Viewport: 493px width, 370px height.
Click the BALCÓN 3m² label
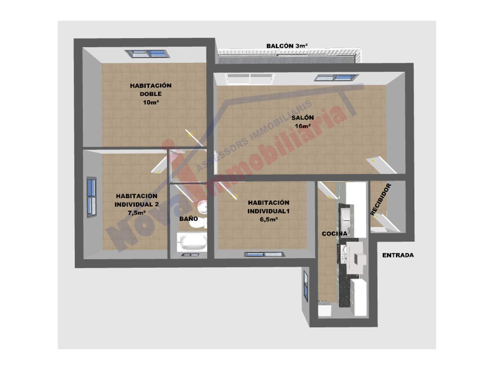coord(287,46)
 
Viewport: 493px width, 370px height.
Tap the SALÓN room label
coord(302,118)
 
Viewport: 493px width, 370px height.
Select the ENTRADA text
coord(398,255)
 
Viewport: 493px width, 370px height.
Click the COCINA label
coord(334,234)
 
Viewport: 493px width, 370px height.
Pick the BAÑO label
coord(188,219)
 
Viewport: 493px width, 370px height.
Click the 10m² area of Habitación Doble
coord(151,103)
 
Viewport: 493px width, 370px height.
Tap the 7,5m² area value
coord(137,212)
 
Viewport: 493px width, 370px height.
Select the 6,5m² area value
coord(268,219)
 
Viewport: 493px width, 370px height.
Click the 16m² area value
coord(303,126)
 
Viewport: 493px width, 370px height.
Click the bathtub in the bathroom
coord(192,242)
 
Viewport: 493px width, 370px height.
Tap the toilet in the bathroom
coord(198,223)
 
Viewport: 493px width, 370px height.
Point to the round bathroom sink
coord(202,207)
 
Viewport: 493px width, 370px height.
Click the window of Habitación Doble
coord(147,54)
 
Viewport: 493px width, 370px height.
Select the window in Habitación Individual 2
coord(92,197)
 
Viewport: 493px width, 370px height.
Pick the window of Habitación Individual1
coord(265,254)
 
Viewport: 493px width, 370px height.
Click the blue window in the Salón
coord(336,78)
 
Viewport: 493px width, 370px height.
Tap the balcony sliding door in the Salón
coord(250,79)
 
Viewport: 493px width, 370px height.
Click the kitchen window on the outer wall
coord(305,286)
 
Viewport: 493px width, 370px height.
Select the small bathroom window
coord(190,255)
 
